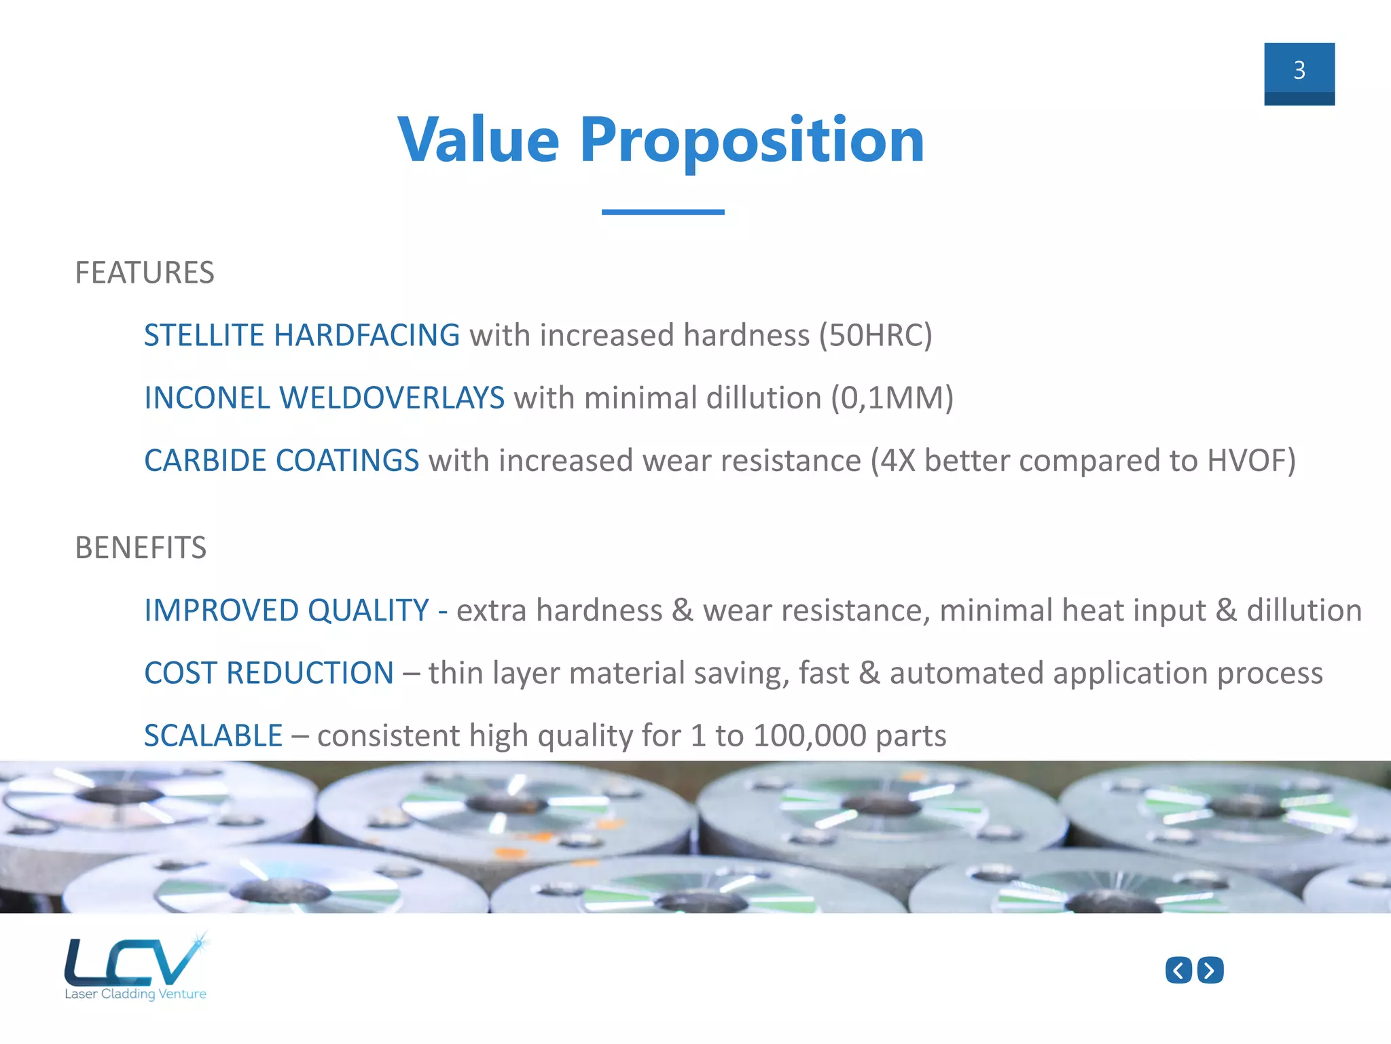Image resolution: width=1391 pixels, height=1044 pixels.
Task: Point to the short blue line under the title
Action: point(662,212)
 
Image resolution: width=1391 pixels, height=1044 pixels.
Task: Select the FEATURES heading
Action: point(144,273)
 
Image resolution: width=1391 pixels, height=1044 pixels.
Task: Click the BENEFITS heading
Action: point(141,548)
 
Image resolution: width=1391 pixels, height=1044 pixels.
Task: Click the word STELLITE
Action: point(204,335)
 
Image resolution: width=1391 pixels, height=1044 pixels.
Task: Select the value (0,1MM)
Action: point(892,398)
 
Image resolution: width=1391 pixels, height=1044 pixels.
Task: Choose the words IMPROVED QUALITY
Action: point(286,610)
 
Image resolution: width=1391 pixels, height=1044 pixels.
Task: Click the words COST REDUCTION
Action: point(269,673)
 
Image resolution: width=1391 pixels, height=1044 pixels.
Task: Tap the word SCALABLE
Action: point(213,735)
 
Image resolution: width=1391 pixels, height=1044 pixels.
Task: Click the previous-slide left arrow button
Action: point(1178,970)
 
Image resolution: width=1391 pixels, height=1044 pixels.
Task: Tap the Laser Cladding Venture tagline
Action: point(135,994)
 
